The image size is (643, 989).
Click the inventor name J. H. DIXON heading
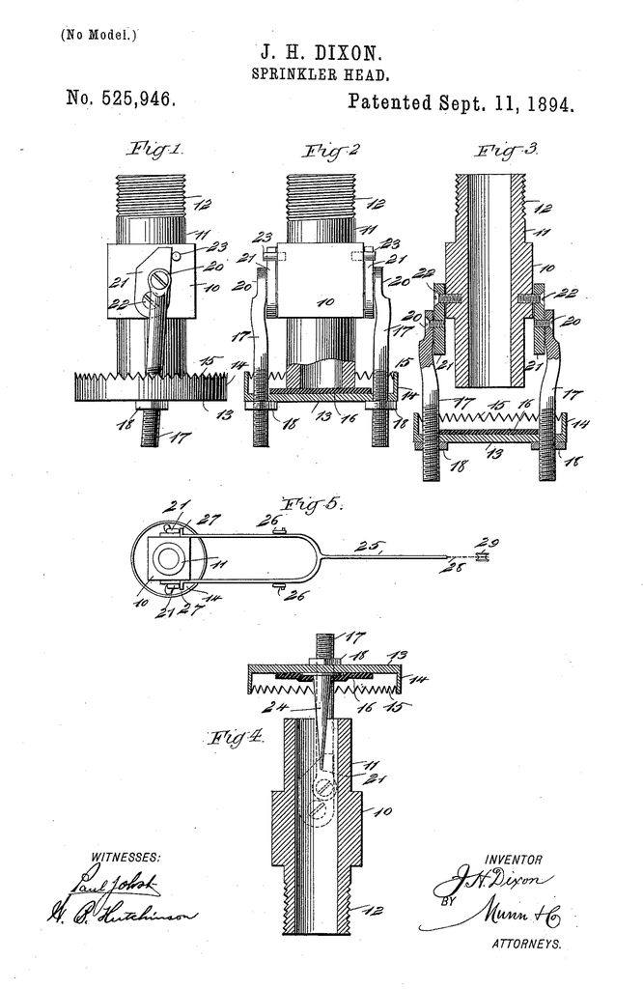tap(321, 53)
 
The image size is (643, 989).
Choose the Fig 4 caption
tap(236, 739)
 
